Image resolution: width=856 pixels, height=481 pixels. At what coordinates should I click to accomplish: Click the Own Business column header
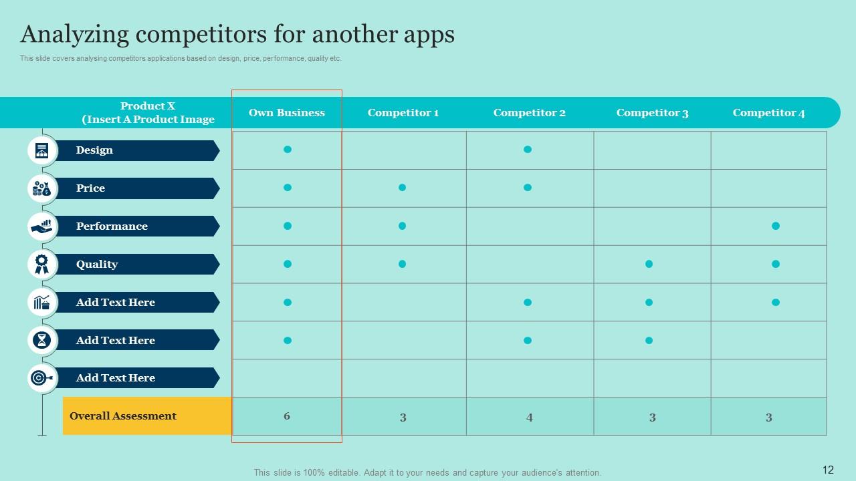coord(287,113)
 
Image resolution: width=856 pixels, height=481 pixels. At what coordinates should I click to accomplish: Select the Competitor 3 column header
coord(652,113)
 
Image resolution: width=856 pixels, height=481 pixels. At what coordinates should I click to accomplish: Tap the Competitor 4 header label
coord(768,113)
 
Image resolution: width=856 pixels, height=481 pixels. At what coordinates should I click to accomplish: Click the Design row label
coord(94,150)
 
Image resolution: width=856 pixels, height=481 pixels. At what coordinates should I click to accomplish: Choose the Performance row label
coord(112,226)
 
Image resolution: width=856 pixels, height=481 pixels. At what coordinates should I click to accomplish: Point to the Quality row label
coord(97,265)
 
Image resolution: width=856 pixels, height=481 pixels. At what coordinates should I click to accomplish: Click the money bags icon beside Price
coord(42,188)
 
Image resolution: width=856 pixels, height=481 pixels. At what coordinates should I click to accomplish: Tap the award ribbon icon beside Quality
coord(42,265)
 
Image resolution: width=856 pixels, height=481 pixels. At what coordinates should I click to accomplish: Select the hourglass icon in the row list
coord(42,341)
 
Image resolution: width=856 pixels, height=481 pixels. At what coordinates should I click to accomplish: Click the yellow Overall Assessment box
coord(147,416)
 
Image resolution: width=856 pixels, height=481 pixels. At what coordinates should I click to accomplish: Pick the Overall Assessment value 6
coord(287,416)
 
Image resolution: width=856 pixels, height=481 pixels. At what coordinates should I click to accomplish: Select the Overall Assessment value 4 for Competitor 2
coord(529,418)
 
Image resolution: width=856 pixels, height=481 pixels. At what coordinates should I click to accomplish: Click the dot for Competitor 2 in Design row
coord(528,150)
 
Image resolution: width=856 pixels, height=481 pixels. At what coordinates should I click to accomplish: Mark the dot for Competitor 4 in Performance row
coord(776,226)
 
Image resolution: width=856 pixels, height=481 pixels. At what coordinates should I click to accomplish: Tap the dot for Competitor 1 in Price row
coord(402,188)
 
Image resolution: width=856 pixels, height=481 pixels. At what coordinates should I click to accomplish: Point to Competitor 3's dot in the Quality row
coord(649,264)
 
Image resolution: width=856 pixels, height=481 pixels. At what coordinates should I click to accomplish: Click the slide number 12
coord(828,470)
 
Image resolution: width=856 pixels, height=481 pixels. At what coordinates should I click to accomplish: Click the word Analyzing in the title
coord(75,34)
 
